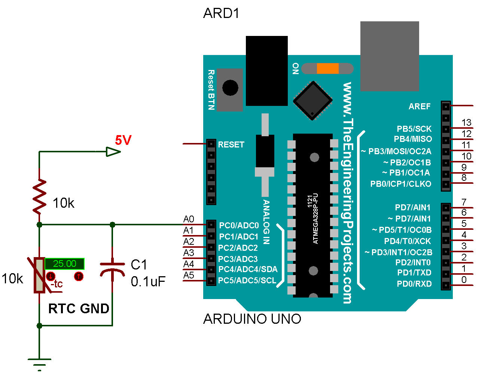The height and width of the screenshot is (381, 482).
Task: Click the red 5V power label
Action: click(123, 140)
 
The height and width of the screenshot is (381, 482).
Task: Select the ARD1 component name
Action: click(221, 13)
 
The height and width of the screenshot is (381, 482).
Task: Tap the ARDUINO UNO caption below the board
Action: click(252, 319)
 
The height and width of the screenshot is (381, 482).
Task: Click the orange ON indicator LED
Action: click(327, 68)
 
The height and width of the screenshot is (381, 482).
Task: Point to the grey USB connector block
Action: click(389, 56)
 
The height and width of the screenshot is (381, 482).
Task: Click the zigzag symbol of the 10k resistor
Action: click(39, 197)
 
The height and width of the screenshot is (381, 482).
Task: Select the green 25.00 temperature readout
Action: click(64, 263)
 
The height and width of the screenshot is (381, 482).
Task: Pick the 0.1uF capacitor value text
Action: click(148, 281)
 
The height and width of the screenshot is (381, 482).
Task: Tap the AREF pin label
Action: click(420, 107)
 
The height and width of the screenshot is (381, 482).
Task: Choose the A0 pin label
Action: click(189, 219)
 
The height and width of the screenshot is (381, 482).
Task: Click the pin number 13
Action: click(466, 122)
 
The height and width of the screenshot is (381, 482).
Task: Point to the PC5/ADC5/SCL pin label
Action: click(247, 280)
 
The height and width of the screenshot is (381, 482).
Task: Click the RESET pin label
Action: click(231, 144)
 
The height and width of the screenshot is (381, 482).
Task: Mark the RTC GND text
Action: click(79, 308)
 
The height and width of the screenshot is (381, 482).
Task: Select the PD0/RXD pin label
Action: click(414, 284)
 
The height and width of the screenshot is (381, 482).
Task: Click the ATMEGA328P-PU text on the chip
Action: click(315, 219)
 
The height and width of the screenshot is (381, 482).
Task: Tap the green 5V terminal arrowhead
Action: click(113, 152)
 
